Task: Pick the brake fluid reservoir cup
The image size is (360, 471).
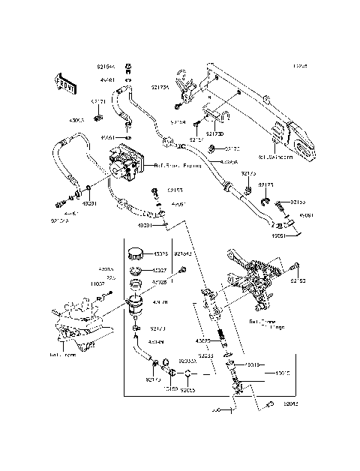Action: (x=137, y=304)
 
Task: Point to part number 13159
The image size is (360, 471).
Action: (x=171, y=391)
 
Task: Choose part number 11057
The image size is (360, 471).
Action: (x=98, y=284)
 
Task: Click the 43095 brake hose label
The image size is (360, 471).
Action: (x=229, y=162)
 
